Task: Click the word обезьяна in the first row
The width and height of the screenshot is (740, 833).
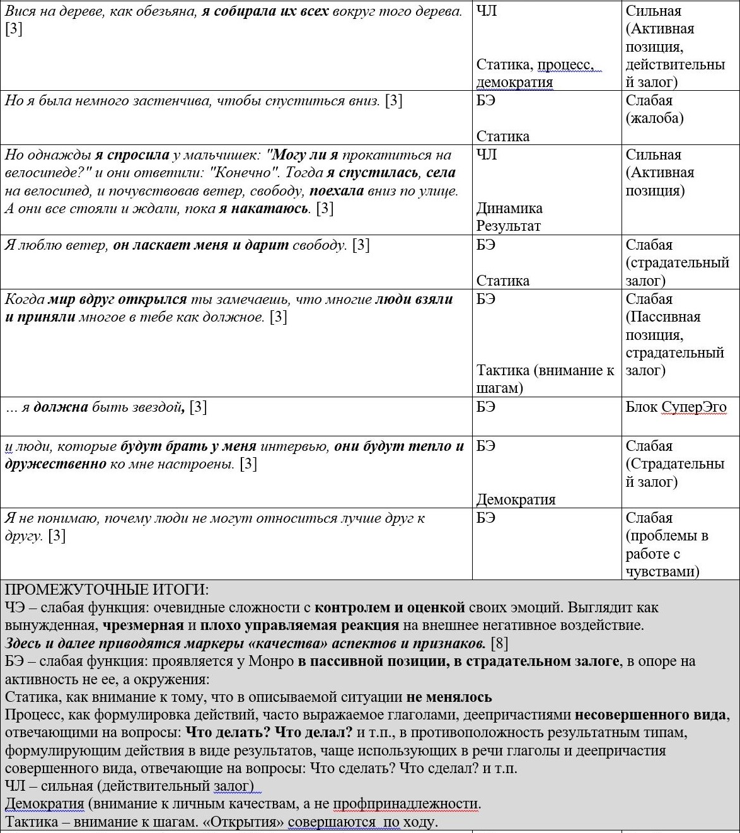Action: [166, 11]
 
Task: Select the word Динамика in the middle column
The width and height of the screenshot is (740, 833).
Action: [509, 208]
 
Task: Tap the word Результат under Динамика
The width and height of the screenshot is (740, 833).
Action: [509, 226]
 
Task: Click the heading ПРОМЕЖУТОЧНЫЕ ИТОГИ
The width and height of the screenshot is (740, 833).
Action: [107, 590]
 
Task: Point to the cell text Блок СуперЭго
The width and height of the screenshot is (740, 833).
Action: [676, 407]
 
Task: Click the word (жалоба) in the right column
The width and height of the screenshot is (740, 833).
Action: [654, 119]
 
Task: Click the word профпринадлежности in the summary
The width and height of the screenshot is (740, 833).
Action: [407, 804]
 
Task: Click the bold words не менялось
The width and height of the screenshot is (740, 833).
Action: [449, 697]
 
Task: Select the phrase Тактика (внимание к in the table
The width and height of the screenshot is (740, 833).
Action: [545, 370]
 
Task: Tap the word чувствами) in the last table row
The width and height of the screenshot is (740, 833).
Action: [662, 571]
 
